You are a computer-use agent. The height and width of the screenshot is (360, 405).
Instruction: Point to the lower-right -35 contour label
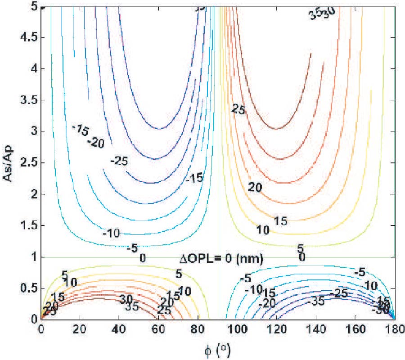tap(318, 301)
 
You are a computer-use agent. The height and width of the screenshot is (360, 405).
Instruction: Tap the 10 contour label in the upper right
tap(263, 230)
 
